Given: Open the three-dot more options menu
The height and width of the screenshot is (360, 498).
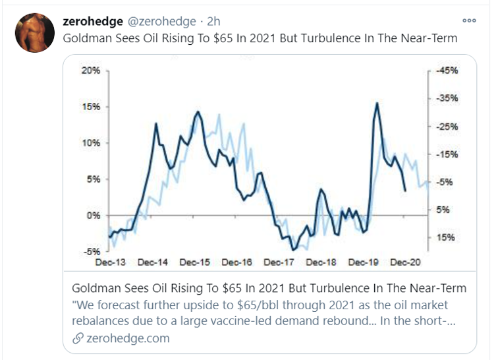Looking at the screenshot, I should [469, 20].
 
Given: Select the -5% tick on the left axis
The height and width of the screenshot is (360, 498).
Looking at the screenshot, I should [92, 251].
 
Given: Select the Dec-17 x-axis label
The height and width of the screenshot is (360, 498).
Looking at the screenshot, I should [278, 262].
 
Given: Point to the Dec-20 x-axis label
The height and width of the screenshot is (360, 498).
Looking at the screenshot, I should [405, 262].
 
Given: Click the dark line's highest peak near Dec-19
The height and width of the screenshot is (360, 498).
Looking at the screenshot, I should [376, 103].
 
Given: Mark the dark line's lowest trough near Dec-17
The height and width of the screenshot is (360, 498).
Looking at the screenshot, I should [293, 250].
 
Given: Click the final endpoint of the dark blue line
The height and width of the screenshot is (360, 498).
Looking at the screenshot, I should [405, 191].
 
